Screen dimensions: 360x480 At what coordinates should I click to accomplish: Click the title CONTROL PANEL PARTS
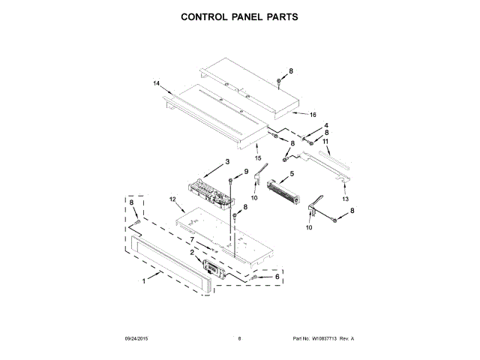click(240, 16)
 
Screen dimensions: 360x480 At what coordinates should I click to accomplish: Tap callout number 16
click(302, 115)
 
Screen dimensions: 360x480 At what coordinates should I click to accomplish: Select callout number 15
click(256, 157)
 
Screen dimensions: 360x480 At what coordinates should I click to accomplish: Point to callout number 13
click(346, 200)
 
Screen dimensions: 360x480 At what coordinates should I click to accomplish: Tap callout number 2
click(192, 253)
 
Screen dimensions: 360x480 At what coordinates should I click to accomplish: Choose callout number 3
click(226, 162)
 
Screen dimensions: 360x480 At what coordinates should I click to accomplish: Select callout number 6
click(277, 277)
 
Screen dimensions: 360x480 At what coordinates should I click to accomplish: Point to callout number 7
click(192, 240)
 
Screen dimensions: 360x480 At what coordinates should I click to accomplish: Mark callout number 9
click(244, 172)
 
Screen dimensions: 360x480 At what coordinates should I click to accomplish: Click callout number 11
click(325, 141)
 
